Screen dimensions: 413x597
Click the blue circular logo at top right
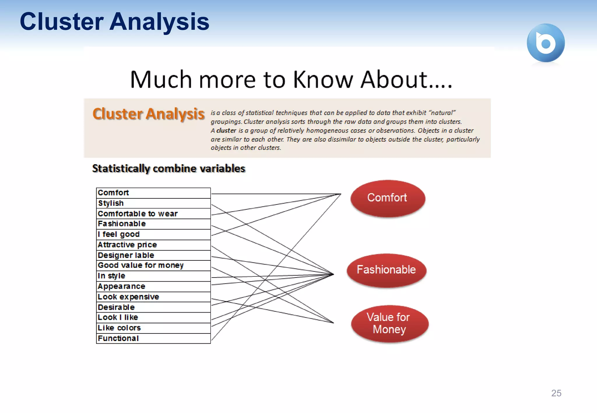pos(545,43)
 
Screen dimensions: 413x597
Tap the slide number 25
pos(556,393)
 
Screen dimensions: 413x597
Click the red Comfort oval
pos(387,198)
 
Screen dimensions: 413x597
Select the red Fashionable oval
pos(386,270)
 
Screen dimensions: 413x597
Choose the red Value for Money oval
pos(389,323)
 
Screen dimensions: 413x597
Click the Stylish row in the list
pos(153,203)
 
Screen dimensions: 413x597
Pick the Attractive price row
pos(153,245)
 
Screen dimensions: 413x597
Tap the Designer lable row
pos(153,255)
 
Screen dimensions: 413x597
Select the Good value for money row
pos(153,265)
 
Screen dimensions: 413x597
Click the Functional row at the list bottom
pos(153,338)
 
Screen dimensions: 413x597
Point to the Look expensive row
pos(153,297)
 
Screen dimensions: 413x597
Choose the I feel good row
pos(153,234)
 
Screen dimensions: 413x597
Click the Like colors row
pos(153,328)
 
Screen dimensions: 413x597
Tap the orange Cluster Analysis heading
pos(148,114)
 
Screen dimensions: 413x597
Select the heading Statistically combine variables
pos(168,169)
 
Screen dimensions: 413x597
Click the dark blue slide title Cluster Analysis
pos(114,22)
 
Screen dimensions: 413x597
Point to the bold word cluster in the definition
pos(226,130)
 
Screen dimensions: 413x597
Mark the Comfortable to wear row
pos(153,214)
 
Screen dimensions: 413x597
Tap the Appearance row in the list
pos(153,287)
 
